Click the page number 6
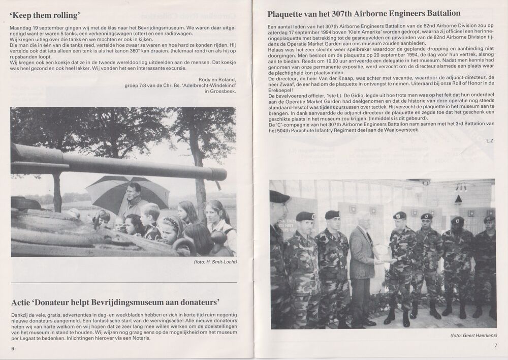tap(13, 348)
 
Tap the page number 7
tap(495, 346)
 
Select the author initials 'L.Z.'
tap(490, 140)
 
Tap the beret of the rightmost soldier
tap(489, 219)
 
